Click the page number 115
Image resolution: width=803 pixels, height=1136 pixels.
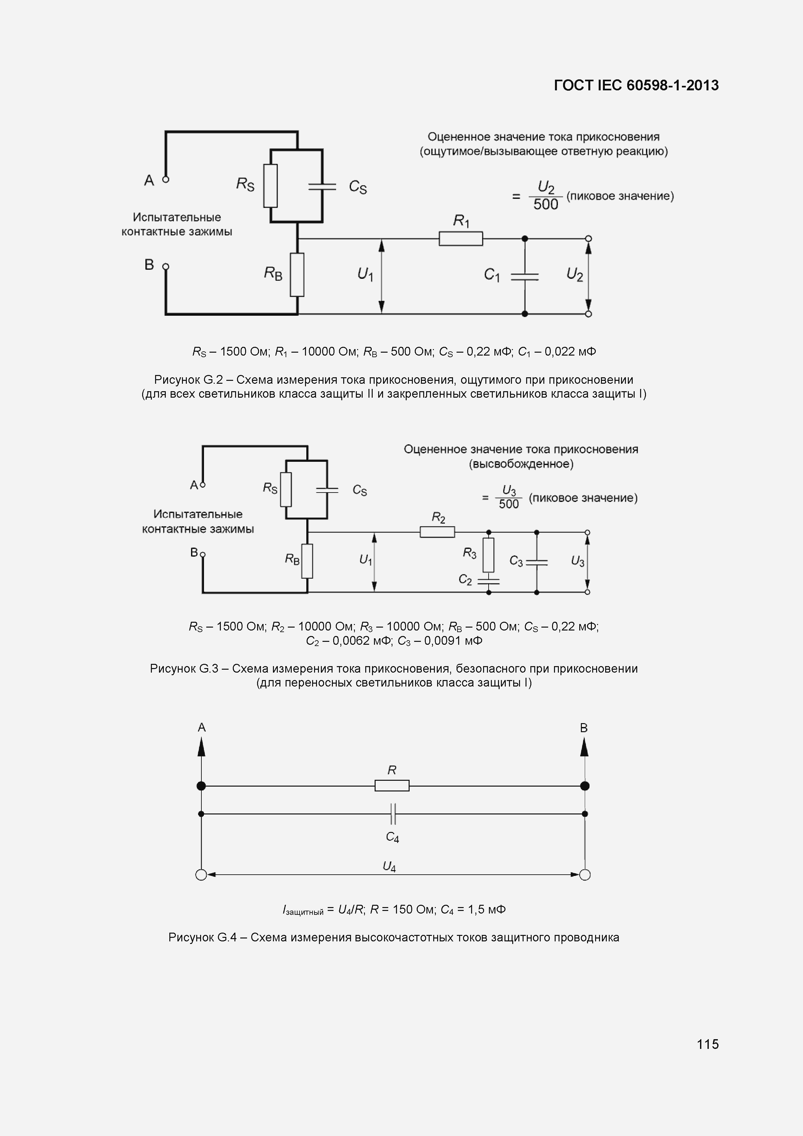click(707, 1044)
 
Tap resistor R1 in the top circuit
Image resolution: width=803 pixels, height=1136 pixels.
click(461, 238)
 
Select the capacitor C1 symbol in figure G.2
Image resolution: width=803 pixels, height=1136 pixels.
click(525, 277)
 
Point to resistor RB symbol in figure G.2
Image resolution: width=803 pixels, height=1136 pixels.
click(297, 275)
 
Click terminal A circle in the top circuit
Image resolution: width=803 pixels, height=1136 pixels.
click(166, 179)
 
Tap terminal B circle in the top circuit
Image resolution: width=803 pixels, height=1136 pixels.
click(166, 266)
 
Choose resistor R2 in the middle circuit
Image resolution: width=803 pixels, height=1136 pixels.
click(437, 532)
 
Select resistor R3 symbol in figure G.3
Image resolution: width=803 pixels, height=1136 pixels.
click(488, 555)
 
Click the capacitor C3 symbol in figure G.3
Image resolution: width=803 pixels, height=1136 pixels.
click(537, 562)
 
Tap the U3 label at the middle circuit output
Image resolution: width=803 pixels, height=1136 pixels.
click(577, 561)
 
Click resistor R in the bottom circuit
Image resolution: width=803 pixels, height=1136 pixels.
click(392, 785)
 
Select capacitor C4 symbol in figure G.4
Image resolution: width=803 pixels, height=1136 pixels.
click(393, 814)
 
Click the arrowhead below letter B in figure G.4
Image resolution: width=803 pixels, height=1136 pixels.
click(584, 748)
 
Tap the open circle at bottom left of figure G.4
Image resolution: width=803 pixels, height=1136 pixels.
click(201, 875)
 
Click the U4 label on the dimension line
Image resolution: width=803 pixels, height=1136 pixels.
click(390, 866)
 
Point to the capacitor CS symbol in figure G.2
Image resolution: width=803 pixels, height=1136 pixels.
click(322, 187)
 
